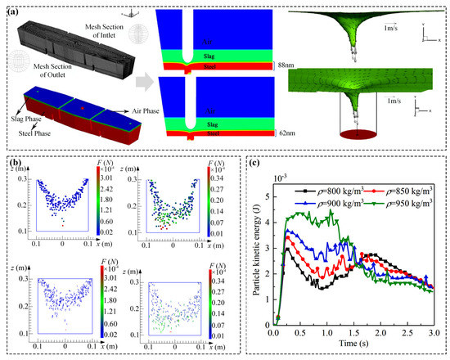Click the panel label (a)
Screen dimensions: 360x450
click(16, 10)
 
